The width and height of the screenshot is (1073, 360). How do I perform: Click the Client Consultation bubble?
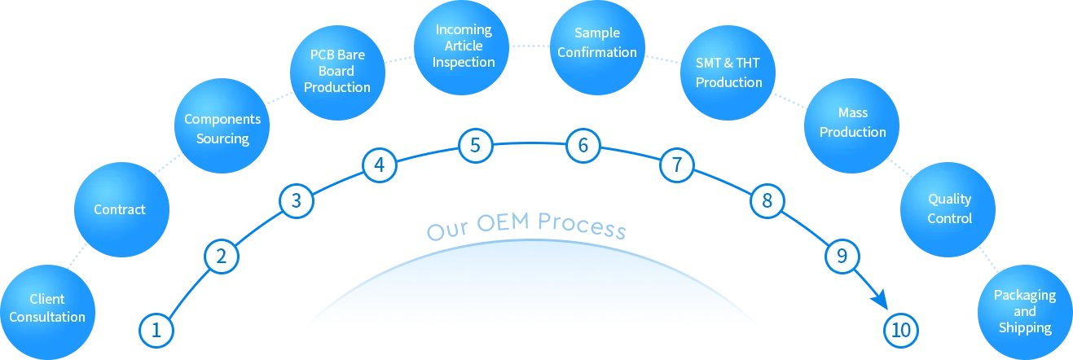[46, 308]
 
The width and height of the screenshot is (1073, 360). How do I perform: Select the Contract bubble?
[120, 209]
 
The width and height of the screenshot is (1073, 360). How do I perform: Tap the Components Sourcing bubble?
[222, 129]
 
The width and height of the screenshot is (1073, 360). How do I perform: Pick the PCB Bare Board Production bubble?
[337, 72]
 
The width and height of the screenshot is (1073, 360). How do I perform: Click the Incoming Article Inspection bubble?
[463, 46]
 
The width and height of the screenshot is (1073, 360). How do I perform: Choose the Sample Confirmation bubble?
[597, 43]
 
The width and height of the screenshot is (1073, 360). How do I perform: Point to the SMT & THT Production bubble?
[728, 72]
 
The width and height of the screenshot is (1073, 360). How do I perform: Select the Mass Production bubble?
[852, 122]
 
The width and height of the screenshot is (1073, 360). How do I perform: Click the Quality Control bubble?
[949, 209]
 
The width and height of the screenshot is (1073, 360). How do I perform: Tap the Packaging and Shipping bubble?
[1024, 311]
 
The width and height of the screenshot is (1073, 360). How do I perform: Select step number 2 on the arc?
[221, 257]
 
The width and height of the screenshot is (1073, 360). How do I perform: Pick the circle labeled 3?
[297, 200]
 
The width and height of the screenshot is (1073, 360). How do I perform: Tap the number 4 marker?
[379, 165]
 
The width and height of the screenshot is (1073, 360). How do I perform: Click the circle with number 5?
[475, 147]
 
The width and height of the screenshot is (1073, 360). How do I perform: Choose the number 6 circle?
[583, 147]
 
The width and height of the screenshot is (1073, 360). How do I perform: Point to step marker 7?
[677, 165]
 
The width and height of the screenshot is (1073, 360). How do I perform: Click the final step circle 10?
[900, 331]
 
